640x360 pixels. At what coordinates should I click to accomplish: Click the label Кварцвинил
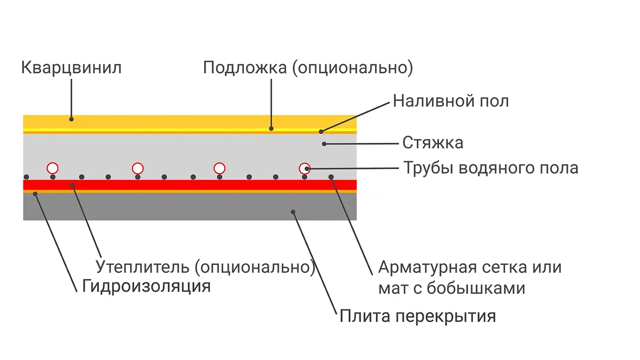pyautogui.click(x=71, y=67)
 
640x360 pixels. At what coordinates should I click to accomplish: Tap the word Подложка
pyautogui.click(x=245, y=67)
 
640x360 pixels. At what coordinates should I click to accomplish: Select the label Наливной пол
pyautogui.click(x=451, y=101)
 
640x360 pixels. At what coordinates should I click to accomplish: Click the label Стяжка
pyautogui.click(x=433, y=143)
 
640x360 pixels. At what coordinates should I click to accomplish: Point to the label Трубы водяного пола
pyautogui.click(x=491, y=168)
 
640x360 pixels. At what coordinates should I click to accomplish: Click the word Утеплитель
pyautogui.click(x=143, y=267)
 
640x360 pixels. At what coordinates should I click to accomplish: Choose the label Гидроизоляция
pyautogui.click(x=146, y=286)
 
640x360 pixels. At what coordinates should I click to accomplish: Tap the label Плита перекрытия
pyautogui.click(x=418, y=316)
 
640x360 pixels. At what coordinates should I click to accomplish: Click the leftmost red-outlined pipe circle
pyautogui.click(x=52, y=168)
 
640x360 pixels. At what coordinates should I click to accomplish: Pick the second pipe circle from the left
pyautogui.click(x=138, y=168)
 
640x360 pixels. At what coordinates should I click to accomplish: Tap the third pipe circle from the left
pyautogui.click(x=219, y=168)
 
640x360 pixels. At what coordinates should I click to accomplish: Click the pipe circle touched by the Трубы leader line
pyautogui.click(x=304, y=168)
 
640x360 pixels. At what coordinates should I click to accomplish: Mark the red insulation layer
pyautogui.click(x=190, y=185)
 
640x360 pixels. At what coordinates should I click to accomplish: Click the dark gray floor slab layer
pyautogui.click(x=190, y=207)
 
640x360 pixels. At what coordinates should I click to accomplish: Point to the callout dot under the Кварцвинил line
pyautogui.click(x=71, y=119)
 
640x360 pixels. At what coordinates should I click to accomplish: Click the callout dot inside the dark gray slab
pyautogui.click(x=293, y=212)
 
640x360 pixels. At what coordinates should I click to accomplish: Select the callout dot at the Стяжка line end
pyautogui.click(x=324, y=144)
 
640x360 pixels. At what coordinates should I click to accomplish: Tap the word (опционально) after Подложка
pyautogui.click(x=352, y=67)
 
